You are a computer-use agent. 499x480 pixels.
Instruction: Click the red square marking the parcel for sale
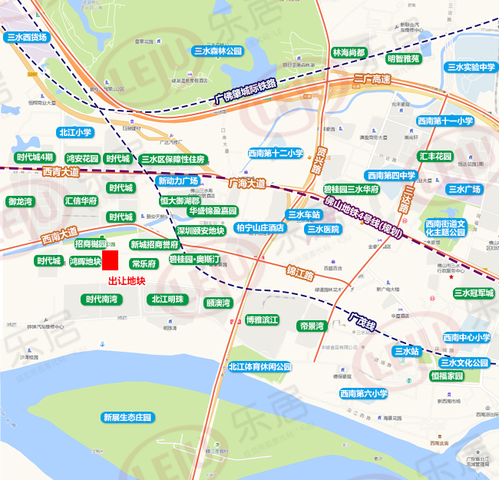[110, 260]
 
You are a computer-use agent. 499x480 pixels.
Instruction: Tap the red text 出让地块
[126, 281]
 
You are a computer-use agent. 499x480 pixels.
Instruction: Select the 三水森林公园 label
[217, 51]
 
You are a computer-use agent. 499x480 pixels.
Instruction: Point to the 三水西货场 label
[27, 37]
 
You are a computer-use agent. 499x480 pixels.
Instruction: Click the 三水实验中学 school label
[468, 68]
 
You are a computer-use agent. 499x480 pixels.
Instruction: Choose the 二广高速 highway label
[372, 80]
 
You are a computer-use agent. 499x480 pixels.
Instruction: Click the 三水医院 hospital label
[322, 229]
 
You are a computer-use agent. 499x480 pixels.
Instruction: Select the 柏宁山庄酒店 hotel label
[259, 228]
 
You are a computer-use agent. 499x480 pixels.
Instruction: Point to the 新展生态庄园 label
[127, 417]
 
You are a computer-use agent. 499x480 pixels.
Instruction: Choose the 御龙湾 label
[21, 201]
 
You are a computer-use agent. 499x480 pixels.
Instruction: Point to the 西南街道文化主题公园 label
[446, 227]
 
